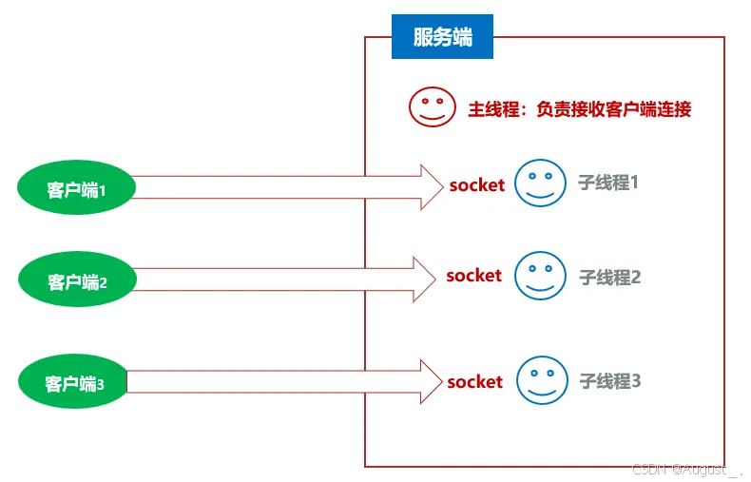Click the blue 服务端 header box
click(x=442, y=37)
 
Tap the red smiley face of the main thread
click(x=433, y=107)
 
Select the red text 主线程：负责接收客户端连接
click(x=579, y=109)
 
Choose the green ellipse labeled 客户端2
click(x=77, y=281)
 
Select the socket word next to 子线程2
click(x=473, y=276)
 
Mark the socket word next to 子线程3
click(x=474, y=382)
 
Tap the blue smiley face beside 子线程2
click(x=540, y=275)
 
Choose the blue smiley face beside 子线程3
click(x=542, y=380)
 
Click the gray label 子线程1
click(x=608, y=183)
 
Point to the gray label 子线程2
click(x=610, y=278)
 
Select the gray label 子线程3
click(x=610, y=381)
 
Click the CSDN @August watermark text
click(x=686, y=470)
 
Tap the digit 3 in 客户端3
click(x=100, y=385)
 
